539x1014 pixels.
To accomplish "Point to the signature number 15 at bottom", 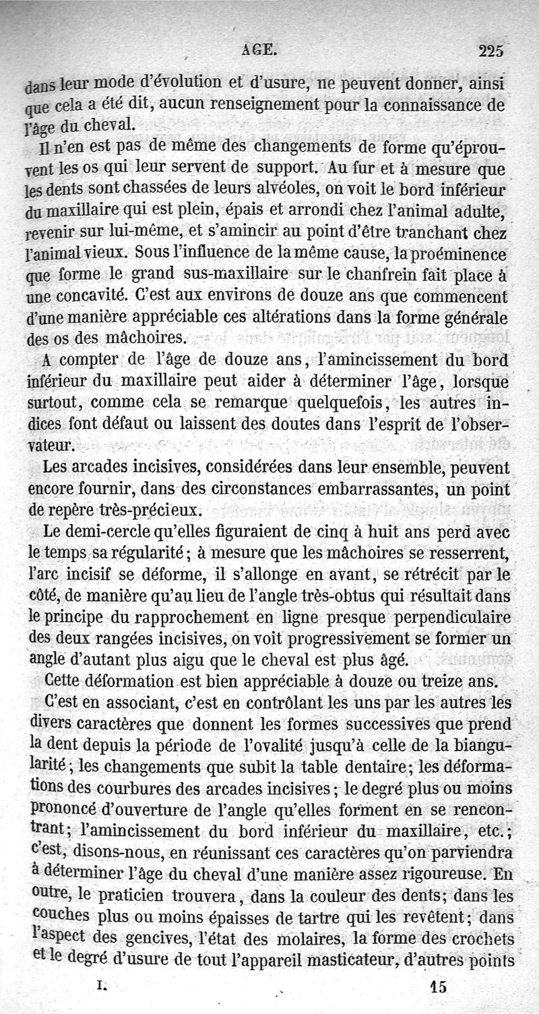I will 438,987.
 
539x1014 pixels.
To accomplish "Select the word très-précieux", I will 133,509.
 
